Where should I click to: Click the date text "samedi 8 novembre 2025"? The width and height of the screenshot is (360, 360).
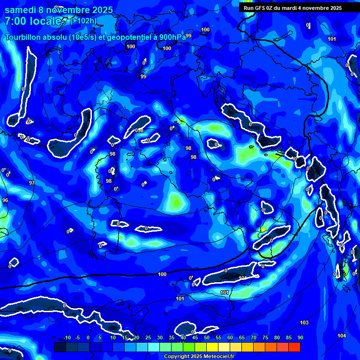(x=59, y=10)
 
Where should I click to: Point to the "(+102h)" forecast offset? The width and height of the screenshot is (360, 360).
(x=84, y=21)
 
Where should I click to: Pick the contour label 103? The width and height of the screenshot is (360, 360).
(x=304, y=322)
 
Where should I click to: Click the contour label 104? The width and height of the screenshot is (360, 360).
(x=342, y=336)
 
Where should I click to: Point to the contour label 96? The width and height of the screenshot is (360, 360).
(x=5, y=200)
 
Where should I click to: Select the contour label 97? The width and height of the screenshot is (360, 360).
(x=32, y=183)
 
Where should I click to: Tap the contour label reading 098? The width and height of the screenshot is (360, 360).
(x=139, y=130)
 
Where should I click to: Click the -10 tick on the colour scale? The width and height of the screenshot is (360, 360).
(x=67, y=337)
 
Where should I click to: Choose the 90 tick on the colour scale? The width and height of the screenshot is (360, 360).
(x=300, y=337)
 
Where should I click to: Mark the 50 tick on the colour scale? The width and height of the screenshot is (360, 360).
(x=206, y=337)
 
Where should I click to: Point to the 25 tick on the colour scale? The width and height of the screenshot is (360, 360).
(x=148, y=337)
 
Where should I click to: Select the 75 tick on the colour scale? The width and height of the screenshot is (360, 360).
(x=265, y=337)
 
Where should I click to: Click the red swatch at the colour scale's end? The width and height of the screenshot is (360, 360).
(x=294, y=347)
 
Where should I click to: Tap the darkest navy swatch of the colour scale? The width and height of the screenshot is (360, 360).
(x=60, y=347)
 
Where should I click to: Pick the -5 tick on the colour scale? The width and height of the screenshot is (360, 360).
(x=78, y=337)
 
